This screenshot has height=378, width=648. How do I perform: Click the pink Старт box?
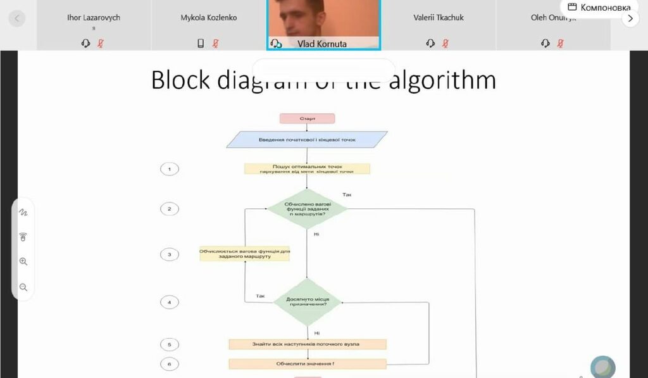307,118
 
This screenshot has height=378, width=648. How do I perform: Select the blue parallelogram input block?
307,139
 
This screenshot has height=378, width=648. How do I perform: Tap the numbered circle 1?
169,169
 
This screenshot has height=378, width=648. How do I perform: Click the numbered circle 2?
169,209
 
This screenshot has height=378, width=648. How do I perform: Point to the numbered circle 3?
169,255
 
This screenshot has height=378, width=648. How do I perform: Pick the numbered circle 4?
169,303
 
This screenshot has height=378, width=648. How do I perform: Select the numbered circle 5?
169,344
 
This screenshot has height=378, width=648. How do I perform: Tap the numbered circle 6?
169,364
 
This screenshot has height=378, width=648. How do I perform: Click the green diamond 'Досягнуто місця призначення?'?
307,302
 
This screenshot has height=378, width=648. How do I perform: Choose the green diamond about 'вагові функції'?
307,208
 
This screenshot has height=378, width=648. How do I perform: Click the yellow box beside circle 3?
244,254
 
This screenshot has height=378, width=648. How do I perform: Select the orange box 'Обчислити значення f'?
307,364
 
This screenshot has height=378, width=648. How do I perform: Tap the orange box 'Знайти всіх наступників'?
307,344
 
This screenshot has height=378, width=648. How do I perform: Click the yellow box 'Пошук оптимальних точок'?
307,169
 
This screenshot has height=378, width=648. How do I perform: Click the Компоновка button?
599,8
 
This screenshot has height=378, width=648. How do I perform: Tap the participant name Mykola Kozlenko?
209,18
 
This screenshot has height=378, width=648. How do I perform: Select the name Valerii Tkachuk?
439,18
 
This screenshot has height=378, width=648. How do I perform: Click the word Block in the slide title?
180,80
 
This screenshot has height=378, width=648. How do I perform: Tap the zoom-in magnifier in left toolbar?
23,261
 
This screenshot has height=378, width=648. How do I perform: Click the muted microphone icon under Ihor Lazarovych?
101,43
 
